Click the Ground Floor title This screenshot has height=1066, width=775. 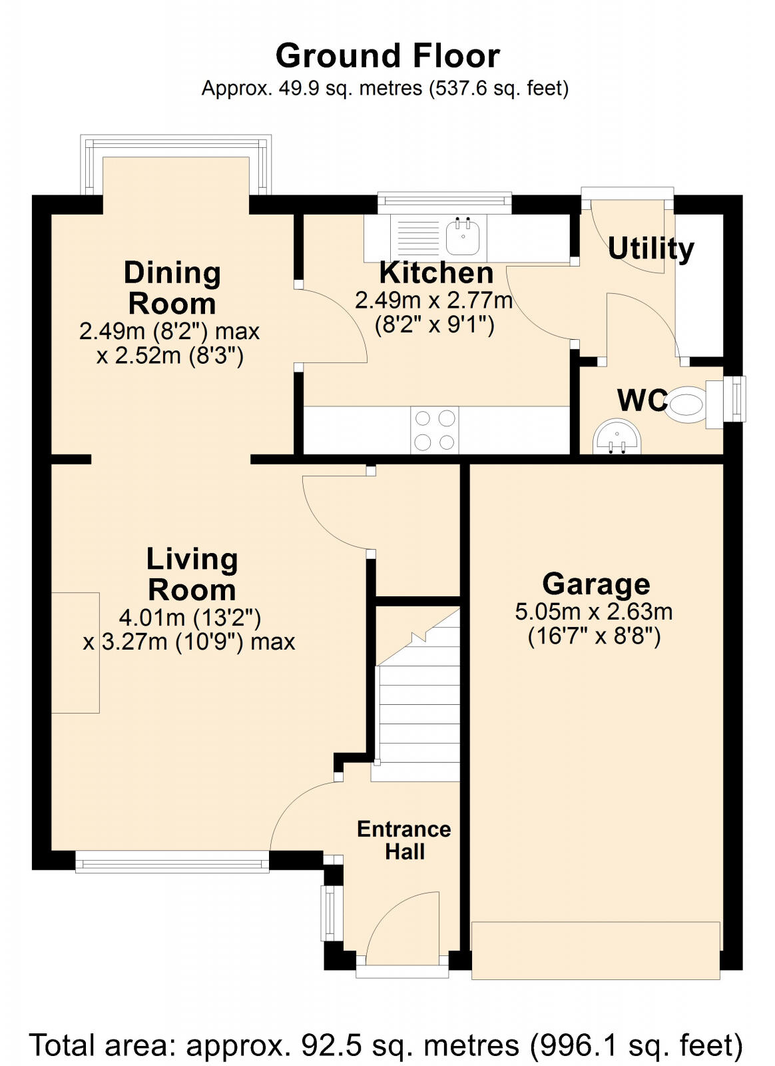387,56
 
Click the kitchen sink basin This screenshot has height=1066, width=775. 463,238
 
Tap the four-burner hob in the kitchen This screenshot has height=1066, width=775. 435,430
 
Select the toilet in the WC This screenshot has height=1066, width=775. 686,404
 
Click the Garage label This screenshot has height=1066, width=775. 596,584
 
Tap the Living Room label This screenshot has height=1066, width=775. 192,574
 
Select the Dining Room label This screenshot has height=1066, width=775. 172,288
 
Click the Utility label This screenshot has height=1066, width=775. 650,249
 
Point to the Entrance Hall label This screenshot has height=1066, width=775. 404,840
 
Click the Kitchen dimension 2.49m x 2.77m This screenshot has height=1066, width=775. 433,300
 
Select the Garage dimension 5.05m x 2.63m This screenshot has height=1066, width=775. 593,612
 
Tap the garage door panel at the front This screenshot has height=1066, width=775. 596,950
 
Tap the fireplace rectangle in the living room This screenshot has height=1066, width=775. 75,653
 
